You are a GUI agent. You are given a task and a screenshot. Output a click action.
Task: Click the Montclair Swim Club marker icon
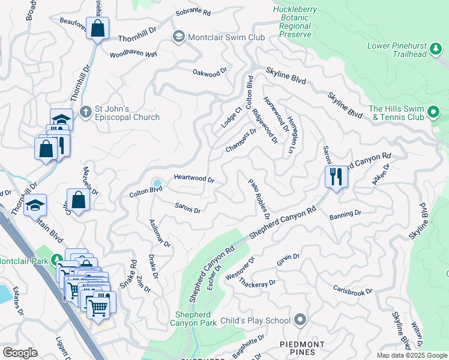tap(178, 37)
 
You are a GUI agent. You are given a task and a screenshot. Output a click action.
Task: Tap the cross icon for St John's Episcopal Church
tap(85, 112)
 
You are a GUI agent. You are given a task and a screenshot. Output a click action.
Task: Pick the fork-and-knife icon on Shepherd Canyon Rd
tap(336, 177)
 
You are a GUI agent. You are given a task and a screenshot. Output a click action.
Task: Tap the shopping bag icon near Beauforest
tap(97, 28)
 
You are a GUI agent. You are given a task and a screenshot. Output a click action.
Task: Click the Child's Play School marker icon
tap(301, 320)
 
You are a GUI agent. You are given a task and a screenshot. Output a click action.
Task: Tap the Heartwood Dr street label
tap(194, 179)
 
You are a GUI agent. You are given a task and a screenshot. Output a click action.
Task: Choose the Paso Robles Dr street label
tap(259, 198)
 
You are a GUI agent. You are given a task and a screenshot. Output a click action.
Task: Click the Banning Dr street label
tap(345, 213)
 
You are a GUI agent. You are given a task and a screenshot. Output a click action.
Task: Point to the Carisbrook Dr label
tap(353, 289)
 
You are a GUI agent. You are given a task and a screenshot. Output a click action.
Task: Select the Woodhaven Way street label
tap(133, 54)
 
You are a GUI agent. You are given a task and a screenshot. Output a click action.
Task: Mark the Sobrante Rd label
tap(193, 12)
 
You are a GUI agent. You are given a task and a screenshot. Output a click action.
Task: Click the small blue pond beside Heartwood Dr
tap(157, 183)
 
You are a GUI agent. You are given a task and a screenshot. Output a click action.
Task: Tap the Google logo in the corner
tap(20, 353)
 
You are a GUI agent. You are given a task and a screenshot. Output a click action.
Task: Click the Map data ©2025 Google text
tap(411, 355)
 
